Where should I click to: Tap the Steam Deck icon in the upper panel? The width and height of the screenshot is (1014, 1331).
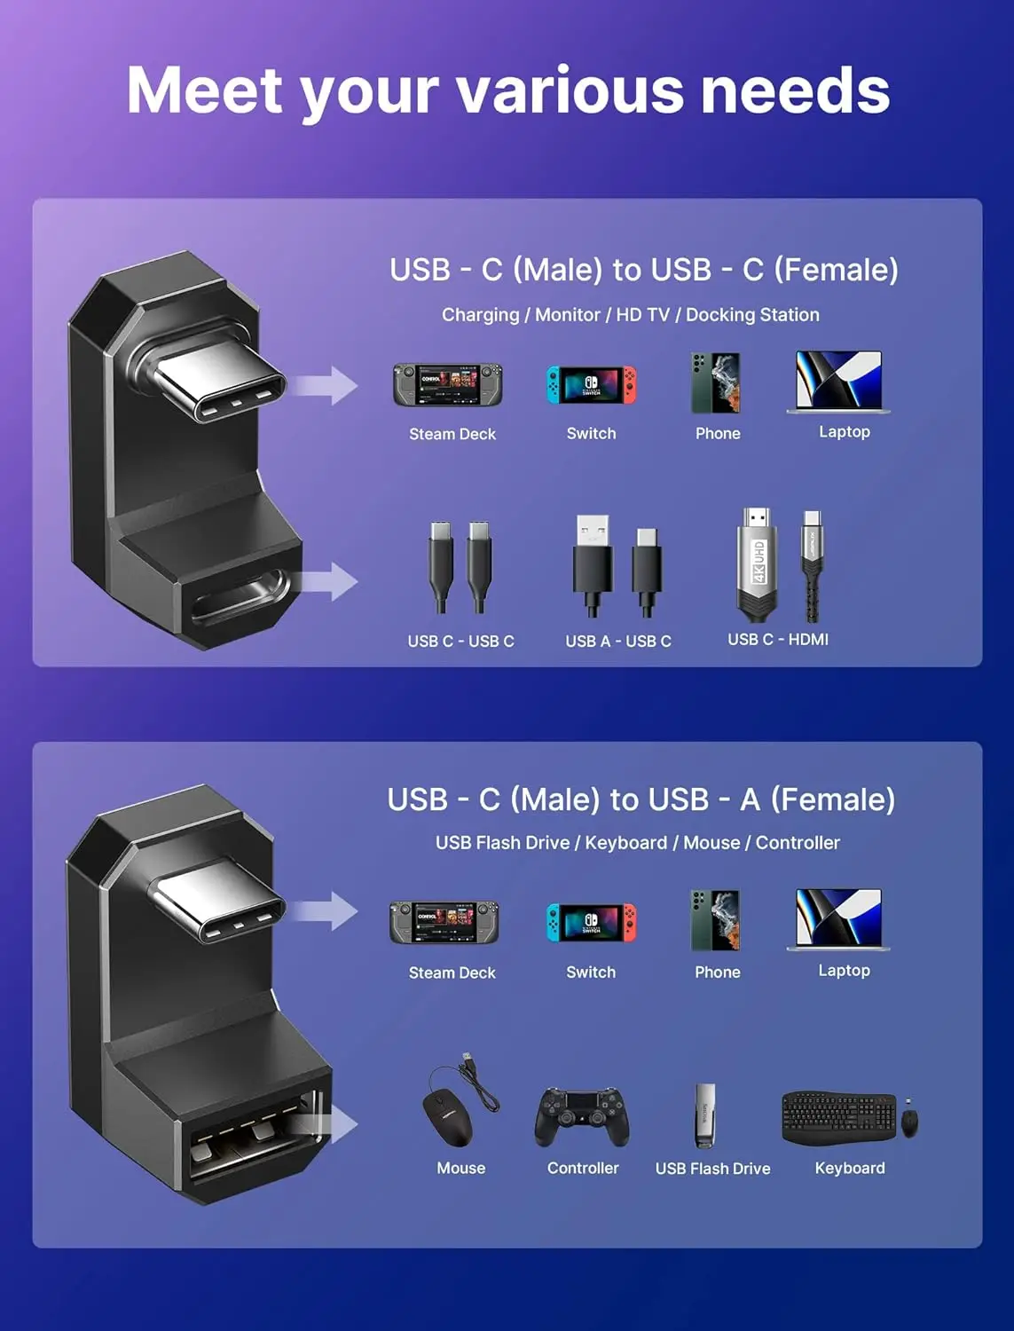pos(448,385)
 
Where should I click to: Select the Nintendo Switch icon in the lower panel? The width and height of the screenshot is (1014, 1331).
pos(591,924)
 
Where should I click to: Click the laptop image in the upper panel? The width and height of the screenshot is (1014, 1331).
pos(839,382)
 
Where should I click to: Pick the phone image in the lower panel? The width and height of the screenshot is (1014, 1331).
pos(715,920)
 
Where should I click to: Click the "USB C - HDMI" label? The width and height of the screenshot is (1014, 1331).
pos(778,639)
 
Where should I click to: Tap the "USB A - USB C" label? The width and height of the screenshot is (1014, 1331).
pos(618,641)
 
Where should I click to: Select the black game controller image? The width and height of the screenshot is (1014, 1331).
pos(582,1118)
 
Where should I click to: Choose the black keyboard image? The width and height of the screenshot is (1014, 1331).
pos(838,1118)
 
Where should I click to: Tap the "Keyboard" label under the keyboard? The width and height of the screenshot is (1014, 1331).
pos(850,1168)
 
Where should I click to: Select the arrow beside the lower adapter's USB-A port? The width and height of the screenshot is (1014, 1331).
pos(334,1125)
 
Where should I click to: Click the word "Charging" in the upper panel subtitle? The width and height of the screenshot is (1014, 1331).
pos(480,315)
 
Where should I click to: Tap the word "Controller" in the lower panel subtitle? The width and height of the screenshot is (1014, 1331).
pos(797,843)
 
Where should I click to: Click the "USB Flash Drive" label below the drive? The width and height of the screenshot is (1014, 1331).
pos(712,1169)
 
